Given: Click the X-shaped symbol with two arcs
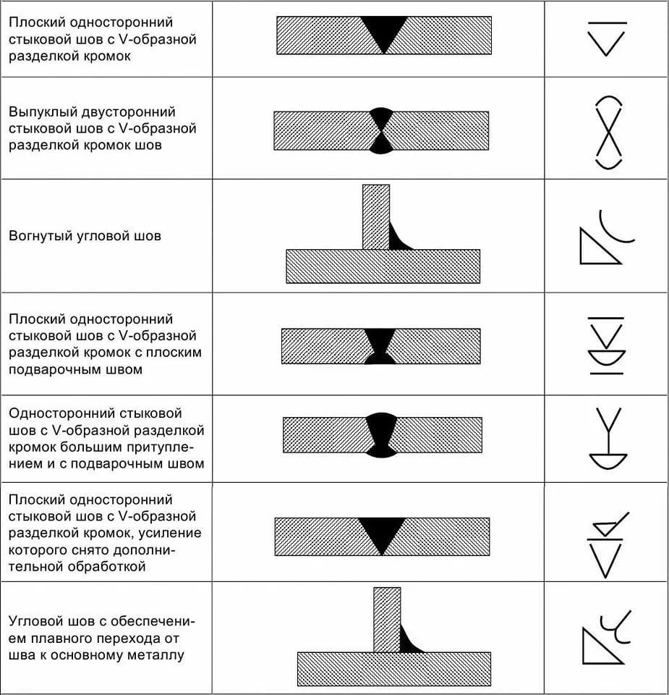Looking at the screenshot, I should pos(608,132).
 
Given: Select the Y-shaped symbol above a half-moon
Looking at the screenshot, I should pos(608,439).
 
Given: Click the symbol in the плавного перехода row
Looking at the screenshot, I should pos(606,637).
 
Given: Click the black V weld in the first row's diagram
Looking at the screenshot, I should pos(384,30).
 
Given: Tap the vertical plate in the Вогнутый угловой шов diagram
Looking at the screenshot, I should pos(375,217).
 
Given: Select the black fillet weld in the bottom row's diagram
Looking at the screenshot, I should pos(409,641).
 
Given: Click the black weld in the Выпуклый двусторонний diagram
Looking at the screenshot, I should pos(381,130).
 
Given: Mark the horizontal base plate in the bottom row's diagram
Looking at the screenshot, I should pos(393,669).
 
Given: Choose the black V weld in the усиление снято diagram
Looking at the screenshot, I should pos(382,533).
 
